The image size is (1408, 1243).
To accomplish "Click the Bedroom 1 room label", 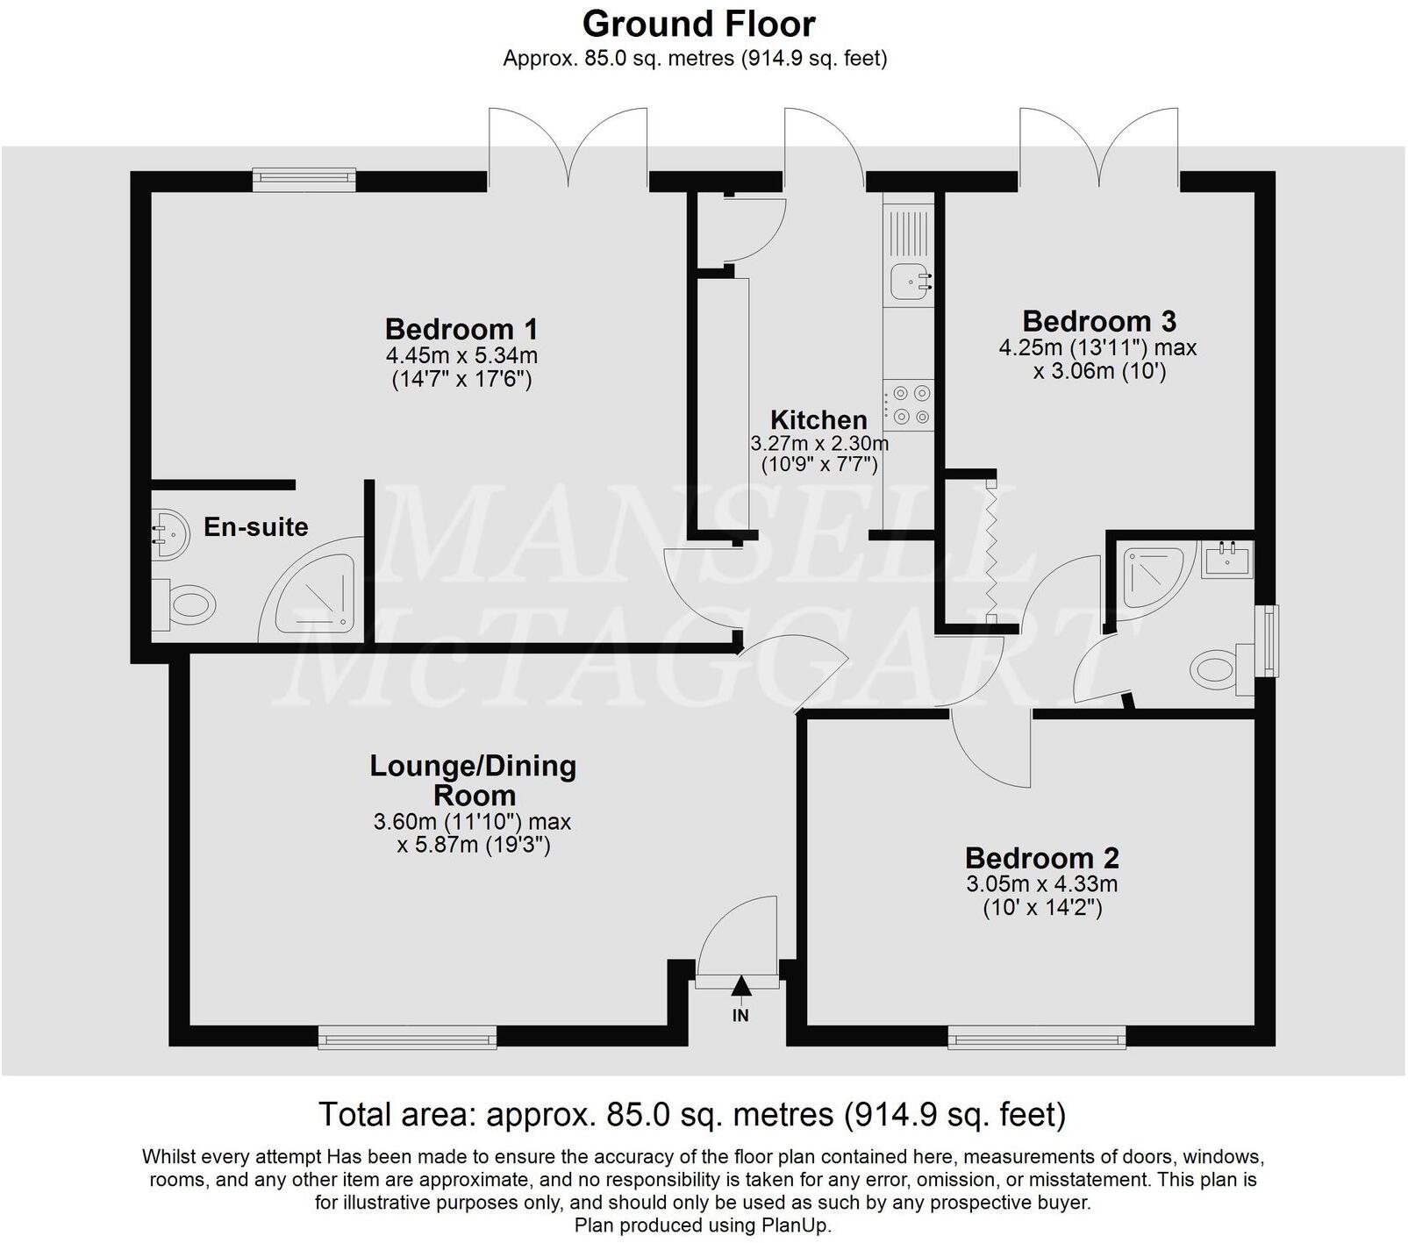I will point(461,329).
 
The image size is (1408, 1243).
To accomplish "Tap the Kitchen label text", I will point(818,419).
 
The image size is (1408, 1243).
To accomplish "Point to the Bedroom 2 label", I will point(1041,857).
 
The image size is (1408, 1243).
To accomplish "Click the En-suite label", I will point(255,526).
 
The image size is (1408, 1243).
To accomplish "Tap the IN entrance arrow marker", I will point(741,987).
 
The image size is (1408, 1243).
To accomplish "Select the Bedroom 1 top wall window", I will point(304,179).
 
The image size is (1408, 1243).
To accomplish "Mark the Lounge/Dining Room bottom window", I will point(407,1038).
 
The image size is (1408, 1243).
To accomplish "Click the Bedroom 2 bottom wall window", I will point(1036,1038).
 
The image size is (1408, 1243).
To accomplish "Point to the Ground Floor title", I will point(698,24).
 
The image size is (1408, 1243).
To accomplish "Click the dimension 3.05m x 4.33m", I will point(1041,883).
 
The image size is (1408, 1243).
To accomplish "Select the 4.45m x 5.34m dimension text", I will point(461,355).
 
